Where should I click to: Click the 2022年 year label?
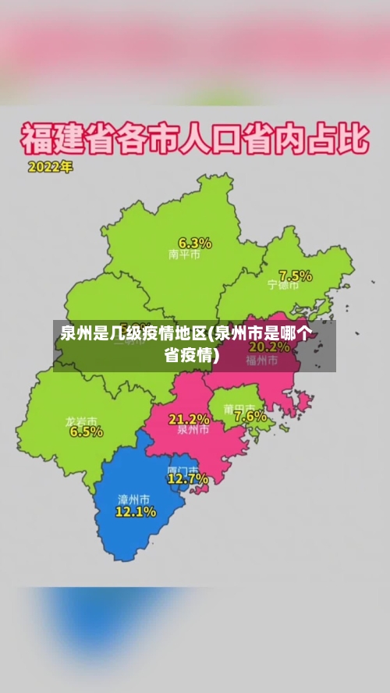[x=50, y=167]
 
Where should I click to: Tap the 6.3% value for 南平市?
[x=195, y=242]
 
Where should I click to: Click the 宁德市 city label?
[x=283, y=285]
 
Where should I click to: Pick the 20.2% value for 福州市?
[x=269, y=347]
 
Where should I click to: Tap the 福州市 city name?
[x=262, y=360]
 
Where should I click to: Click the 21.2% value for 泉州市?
[x=189, y=419]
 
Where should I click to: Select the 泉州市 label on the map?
[x=193, y=429]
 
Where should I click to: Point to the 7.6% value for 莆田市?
[x=250, y=416]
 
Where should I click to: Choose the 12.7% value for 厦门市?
[x=188, y=478]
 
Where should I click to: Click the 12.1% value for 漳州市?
[x=136, y=512]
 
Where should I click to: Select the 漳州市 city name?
[x=133, y=499]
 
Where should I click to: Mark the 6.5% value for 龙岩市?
[x=86, y=432]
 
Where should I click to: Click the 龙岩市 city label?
[x=81, y=421]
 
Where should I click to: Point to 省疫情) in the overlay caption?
[x=192, y=355]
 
